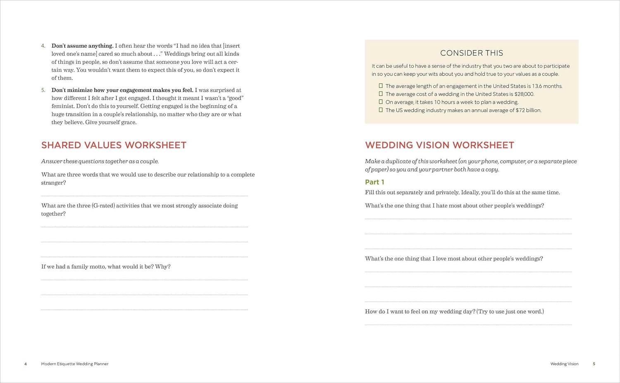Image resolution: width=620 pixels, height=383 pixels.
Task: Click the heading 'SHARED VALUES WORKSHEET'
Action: pos(114,145)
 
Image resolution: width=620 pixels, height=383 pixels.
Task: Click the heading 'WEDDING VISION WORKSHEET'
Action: pos(439,145)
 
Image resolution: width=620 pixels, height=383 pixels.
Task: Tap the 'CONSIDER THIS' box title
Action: pos(472,53)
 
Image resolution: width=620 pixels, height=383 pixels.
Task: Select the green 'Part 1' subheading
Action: pos(374,182)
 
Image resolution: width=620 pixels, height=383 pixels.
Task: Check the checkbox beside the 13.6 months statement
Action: pos(381,86)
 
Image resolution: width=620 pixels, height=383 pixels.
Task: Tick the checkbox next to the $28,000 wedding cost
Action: pos(381,94)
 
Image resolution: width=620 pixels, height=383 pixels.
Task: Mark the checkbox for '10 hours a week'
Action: pos(381,102)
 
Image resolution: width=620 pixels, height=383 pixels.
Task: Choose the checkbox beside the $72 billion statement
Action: pos(381,110)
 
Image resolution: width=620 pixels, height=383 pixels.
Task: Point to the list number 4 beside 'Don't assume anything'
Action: pos(43,46)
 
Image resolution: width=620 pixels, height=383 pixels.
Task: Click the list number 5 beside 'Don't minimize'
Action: pos(43,90)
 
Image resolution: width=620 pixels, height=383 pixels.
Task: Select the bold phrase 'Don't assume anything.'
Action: pos(82,46)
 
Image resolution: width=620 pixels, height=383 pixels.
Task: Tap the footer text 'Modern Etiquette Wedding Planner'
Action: pos(75,364)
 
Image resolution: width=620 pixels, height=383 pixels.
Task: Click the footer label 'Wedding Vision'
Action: pos(564,364)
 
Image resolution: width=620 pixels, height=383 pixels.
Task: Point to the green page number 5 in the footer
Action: pos(594,364)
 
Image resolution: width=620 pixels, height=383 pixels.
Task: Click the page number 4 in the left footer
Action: pos(26,364)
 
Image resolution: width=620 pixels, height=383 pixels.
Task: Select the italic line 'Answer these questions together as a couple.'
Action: pos(100,161)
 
